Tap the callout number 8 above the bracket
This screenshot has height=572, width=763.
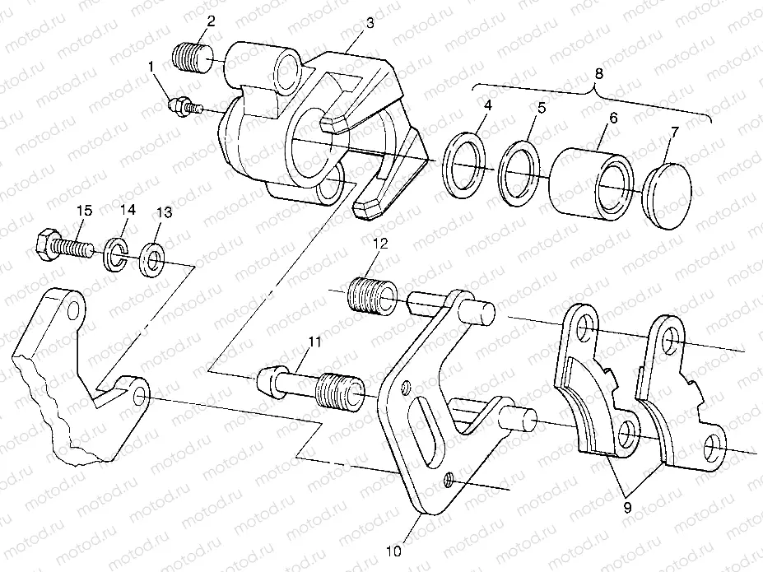click(x=598, y=73)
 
